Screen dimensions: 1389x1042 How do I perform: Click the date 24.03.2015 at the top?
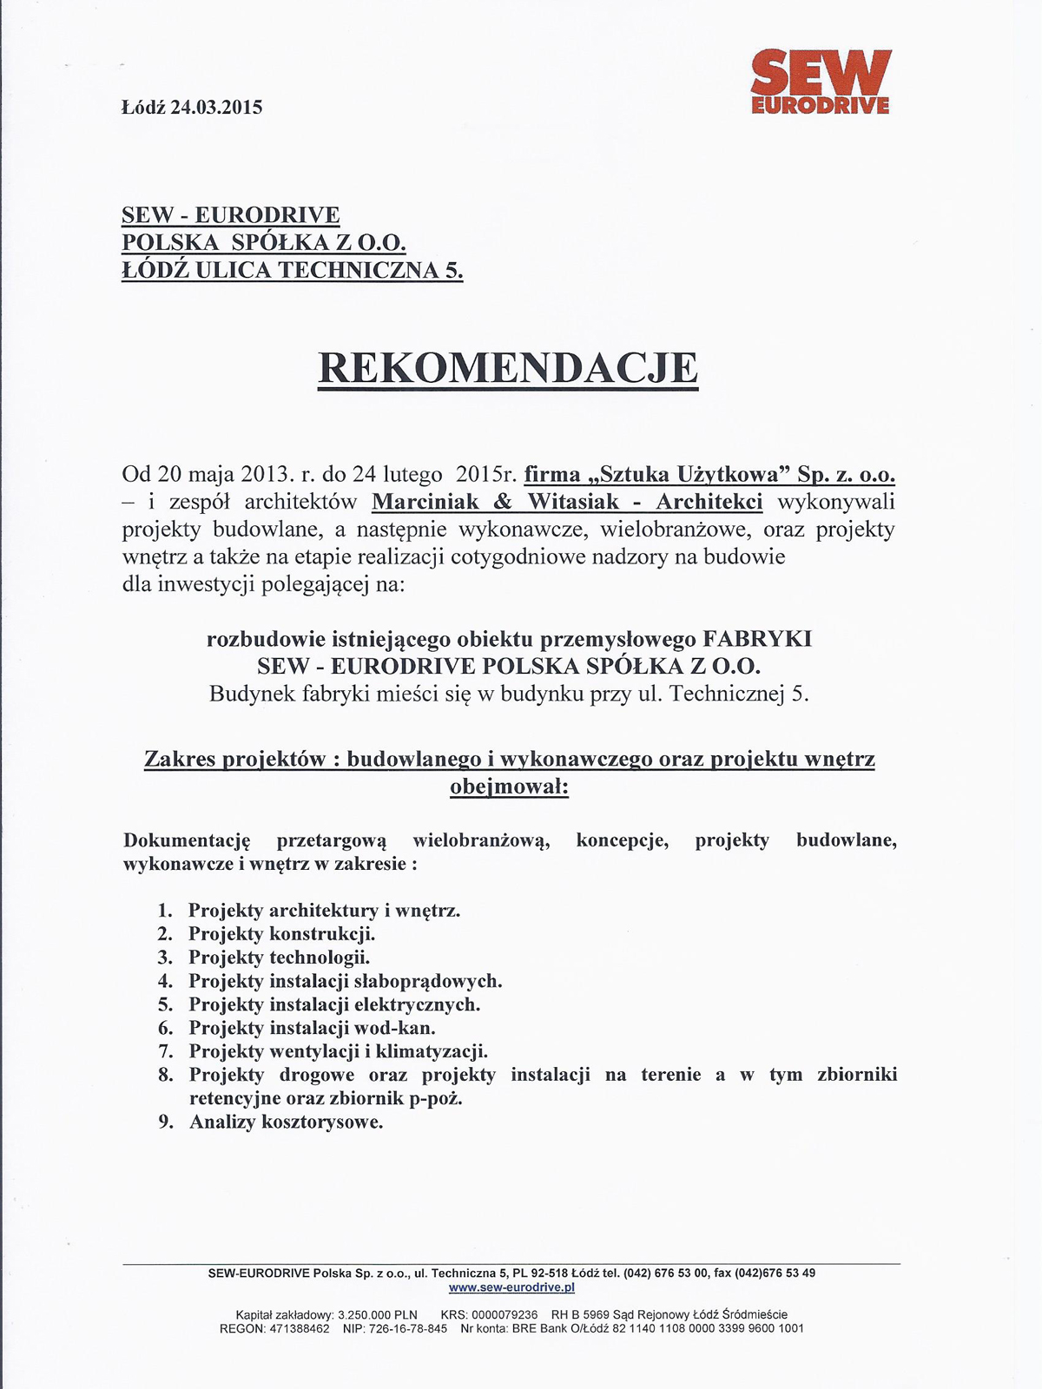pos(216,108)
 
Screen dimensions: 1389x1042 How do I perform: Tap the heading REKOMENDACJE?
pos(508,367)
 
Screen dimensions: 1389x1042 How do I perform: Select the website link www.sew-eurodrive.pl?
pos(511,1287)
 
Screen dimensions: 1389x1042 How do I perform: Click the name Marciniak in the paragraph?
pos(425,502)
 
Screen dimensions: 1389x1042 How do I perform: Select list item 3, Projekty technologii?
pos(279,958)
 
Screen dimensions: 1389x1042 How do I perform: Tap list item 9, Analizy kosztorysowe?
pos(286,1122)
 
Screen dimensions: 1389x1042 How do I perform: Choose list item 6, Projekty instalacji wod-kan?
pos(312,1028)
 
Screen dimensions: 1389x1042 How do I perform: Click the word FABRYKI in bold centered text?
pos(756,639)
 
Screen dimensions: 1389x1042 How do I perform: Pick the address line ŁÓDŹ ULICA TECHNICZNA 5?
pos(293,270)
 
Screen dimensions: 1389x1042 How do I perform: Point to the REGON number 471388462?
pos(298,1328)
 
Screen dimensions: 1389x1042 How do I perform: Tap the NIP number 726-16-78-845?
pos(407,1328)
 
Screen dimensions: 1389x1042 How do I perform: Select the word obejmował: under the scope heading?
pos(509,787)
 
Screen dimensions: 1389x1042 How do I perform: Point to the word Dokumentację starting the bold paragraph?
pos(187,840)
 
